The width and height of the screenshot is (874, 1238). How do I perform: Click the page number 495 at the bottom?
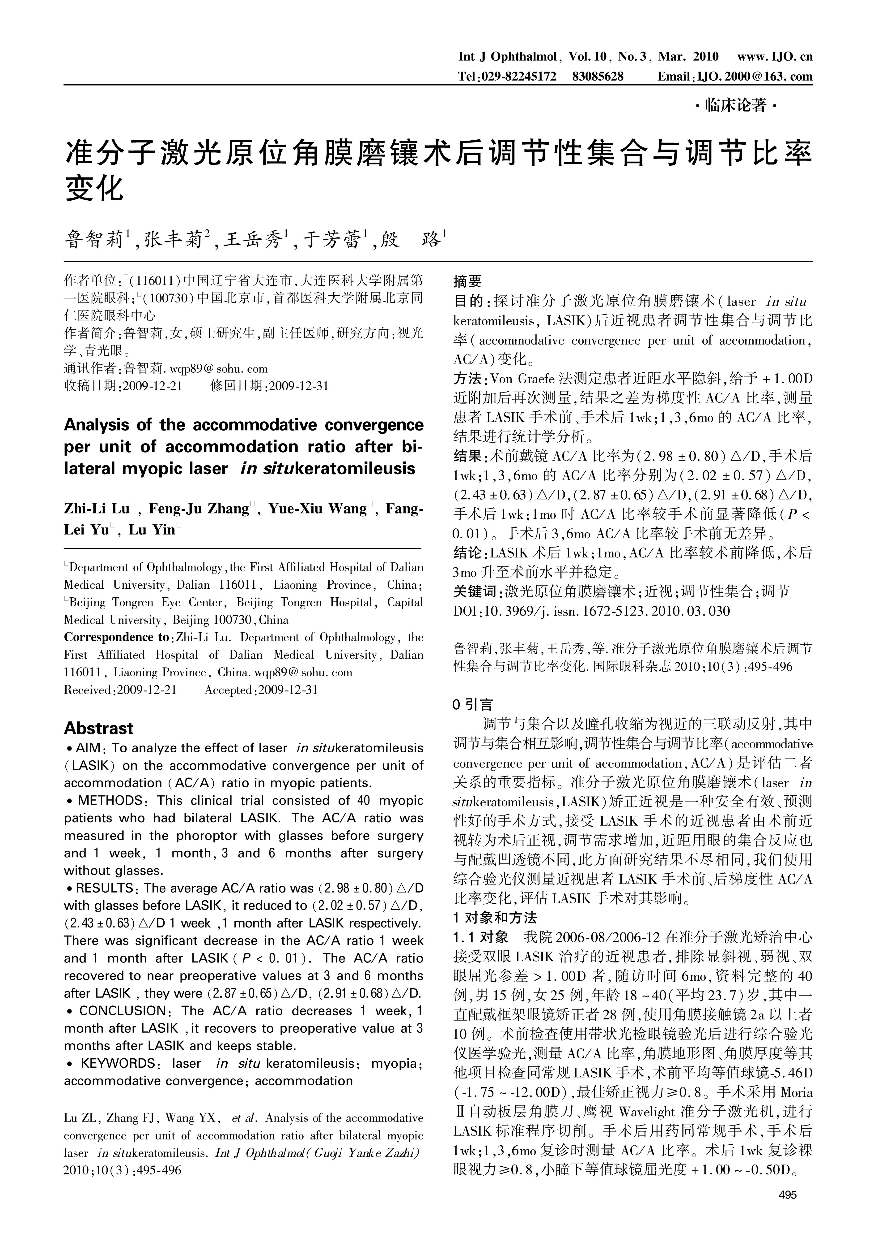click(787, 1195)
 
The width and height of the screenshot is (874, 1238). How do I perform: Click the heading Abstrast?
click(99, 729)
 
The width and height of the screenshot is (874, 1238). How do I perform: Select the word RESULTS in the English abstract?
click(105, 888)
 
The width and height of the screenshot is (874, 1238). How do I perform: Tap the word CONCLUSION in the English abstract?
click(123, 1011)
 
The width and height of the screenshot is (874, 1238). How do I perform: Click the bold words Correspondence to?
click(116, 637)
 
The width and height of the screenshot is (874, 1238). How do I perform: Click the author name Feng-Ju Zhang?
click(198, 509)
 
